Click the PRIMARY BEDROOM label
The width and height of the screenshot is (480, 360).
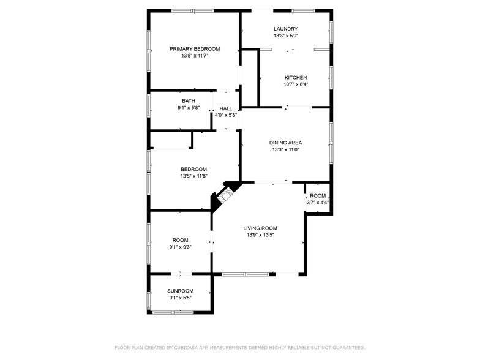[195, 49]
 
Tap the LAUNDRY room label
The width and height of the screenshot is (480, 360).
[285, 29]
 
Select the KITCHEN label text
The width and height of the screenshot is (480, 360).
[295, 77]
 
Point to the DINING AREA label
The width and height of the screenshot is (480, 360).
[286, 143]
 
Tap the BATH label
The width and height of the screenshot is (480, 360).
[188, 101]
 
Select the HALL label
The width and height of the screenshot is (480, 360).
[225, 108]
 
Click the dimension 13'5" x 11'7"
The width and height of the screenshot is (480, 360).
[195, 56]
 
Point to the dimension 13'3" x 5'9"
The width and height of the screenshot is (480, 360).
[285, 36]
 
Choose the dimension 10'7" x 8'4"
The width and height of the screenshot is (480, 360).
[295, 84]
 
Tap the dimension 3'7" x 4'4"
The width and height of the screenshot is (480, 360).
[318, 203]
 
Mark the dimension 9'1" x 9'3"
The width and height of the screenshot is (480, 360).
[180, 247]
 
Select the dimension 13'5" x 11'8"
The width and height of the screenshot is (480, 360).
[193, 176]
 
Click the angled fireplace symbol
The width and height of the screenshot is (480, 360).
[226, 195]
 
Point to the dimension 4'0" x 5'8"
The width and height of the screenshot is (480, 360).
[225, 115]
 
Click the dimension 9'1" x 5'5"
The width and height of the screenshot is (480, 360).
[180, 298]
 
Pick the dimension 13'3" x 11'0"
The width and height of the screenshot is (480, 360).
[286, 150]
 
